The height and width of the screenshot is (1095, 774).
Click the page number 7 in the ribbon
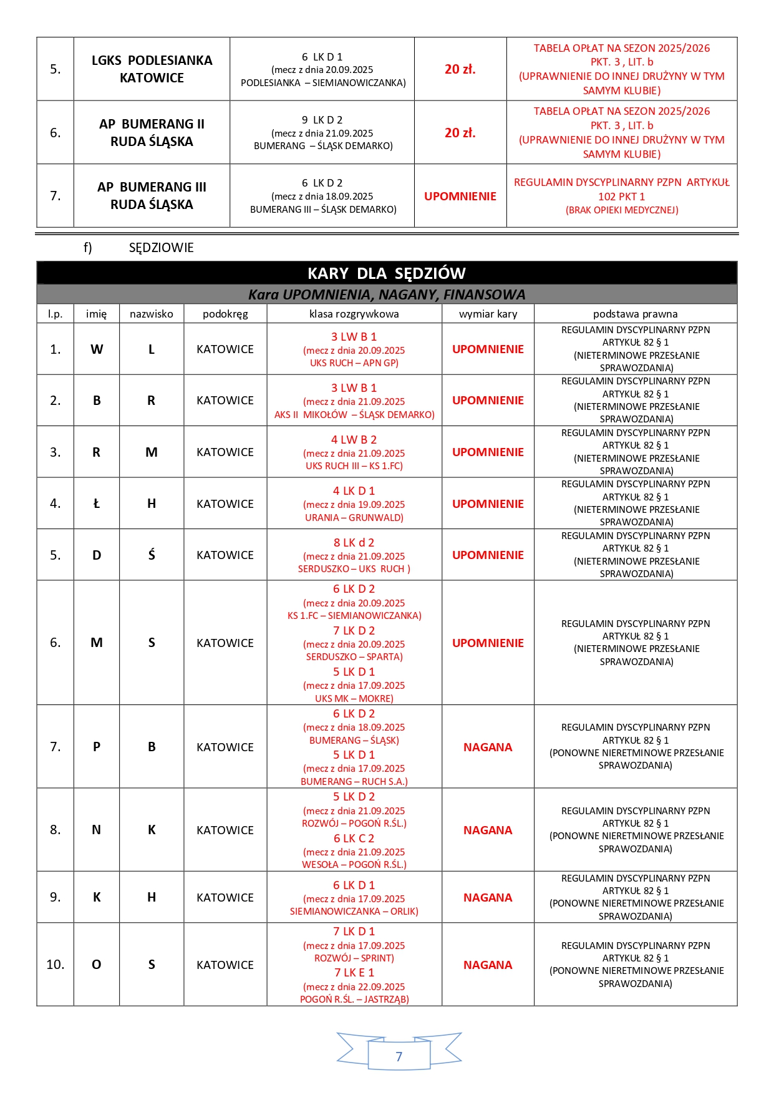pyautogui.click(x=399, y=1056)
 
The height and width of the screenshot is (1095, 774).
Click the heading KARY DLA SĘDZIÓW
pyautogui.click(x=387, y=273)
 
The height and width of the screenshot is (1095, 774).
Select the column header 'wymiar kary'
pyautogui.click(x=488, y=314)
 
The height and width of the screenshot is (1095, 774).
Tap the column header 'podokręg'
pyautogui.click(x=225, y=314)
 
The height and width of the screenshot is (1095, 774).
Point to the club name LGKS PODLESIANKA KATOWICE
pyautogui.click(x=152, y=69)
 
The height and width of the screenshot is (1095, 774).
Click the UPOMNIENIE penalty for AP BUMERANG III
pyautogui.click(x=460, y=196)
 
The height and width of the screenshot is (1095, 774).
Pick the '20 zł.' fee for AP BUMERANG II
pyautogui.click(x=460, y=133)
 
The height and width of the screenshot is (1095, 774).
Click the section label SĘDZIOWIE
pyautogui.click(x=161, y=248)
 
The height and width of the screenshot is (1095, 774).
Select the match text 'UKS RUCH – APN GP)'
pyautogui.click(x=354, y=363)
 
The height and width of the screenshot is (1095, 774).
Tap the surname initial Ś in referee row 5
pyautogui.click(x=152, y=555)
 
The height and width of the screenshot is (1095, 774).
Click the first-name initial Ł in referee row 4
pyautogui.click(x=97, y=504)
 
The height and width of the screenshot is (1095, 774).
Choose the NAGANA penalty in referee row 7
pyautogui.click(x=488, y=747)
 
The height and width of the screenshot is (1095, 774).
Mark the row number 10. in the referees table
pyautogui.click(x=56, y=965)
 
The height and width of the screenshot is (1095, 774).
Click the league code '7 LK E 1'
pyautogui.click(x=354, y=973)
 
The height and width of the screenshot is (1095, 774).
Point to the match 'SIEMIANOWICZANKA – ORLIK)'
pyautogui.click(x=354, y=912)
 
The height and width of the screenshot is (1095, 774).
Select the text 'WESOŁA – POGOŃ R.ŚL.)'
pyautogui.click(x=354, y=865)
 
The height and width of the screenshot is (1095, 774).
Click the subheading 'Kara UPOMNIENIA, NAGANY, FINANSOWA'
pyautogui.click(x=387, y=294)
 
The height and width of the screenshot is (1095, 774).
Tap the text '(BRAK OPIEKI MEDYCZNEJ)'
pyautogui.click(x=622, y=210)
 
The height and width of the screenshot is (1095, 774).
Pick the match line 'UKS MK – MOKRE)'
pyautogui.click(x=354, y=699)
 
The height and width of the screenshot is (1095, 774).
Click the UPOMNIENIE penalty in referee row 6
pyautogui.click(x=488, y=643)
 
